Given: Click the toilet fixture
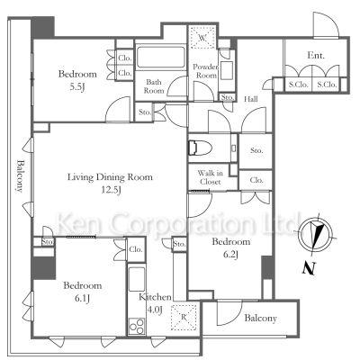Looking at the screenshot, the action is [x=201, y=148].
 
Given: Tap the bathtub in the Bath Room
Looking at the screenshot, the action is [x=161, y=57].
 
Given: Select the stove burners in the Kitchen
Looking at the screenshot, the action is [x=137, y=326].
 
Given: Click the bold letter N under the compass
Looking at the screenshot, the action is [x=309, y=268].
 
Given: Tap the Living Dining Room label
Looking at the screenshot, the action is [x=110, y=177].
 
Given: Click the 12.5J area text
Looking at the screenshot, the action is [x=111, y=190].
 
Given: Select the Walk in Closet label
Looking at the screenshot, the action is [x=210, y=177].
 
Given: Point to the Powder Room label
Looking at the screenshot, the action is [x=206, y=71].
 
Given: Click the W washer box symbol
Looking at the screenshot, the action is [x=202, y=38].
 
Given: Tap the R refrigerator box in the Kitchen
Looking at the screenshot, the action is [x=184, y=318].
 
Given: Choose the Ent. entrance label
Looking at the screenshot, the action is [x=316, y=55].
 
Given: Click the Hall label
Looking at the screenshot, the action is [x=250, y=99].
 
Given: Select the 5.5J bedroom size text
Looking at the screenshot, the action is [x=77, y=87].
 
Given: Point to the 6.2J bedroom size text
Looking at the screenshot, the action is [x=230, y=255].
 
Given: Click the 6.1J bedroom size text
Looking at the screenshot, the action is [x=82, y=298].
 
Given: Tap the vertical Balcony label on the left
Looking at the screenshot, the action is [x=20, y=176].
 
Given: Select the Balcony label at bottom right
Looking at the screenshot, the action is [x=260, y=319].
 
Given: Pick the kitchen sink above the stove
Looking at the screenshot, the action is [x=137, y=280].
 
